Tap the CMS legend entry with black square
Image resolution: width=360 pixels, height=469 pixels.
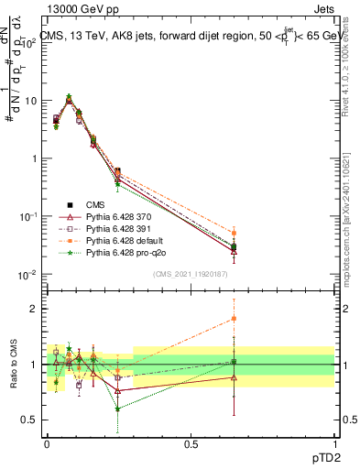click(x=96, y=202)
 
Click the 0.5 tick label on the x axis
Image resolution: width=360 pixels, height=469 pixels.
click(x=191, y=444)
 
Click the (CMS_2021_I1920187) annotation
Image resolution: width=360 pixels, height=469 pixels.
click(x=191, y=274)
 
